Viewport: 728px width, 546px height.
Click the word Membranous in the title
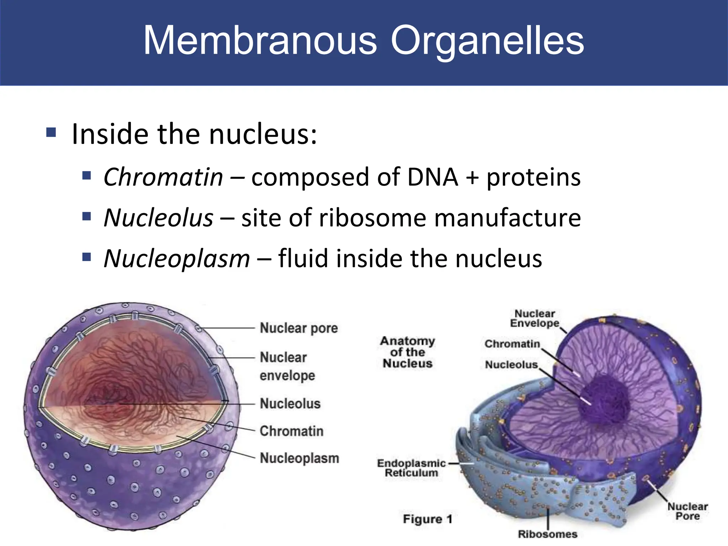click(x=260, y=41)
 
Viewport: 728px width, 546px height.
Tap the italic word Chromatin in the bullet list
click(x=163, y=177)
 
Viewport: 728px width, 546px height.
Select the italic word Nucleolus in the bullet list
click(x=159, y=218)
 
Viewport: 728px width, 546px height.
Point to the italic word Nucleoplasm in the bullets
click(x=177, y=258)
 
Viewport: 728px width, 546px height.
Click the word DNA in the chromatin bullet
click(x=433, y=177)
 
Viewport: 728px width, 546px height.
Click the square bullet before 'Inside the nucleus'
click(x=51, y=133)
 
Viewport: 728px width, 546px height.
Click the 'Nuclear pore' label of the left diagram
click(x=299, y=328)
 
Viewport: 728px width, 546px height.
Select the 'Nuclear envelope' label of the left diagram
click(x=287, y=366)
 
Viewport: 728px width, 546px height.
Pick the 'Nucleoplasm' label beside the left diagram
click(x=299, y=458)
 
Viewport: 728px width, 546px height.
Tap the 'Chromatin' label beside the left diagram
click(x=291, y=431)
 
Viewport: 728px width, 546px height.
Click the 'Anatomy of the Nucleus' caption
click(x=407, y=352)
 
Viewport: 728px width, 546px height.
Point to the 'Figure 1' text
click(x=427, y=519)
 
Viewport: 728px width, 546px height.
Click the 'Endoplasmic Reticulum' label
click(x=411, y=468)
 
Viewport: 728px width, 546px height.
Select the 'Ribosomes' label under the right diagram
click(x=547, y=534)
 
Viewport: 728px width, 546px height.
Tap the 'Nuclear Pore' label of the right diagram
click(x=687, y=511)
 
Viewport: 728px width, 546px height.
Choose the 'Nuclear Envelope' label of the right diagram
click(x=535, y=318)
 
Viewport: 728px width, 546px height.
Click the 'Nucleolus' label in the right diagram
click(x=511, y=365)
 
